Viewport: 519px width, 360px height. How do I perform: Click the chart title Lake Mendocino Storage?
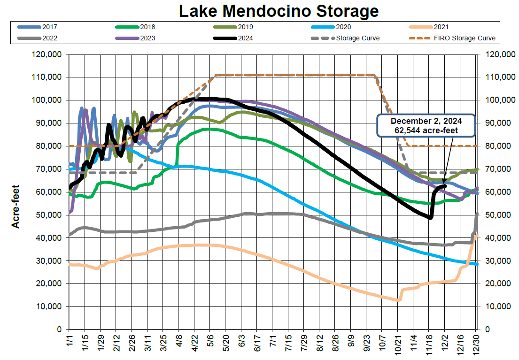279,11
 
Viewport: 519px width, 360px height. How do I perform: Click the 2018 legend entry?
147,27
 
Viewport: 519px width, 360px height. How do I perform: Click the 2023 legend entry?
147,38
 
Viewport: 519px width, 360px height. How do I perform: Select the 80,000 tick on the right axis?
497,146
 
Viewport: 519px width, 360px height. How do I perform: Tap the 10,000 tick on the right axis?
497,306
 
